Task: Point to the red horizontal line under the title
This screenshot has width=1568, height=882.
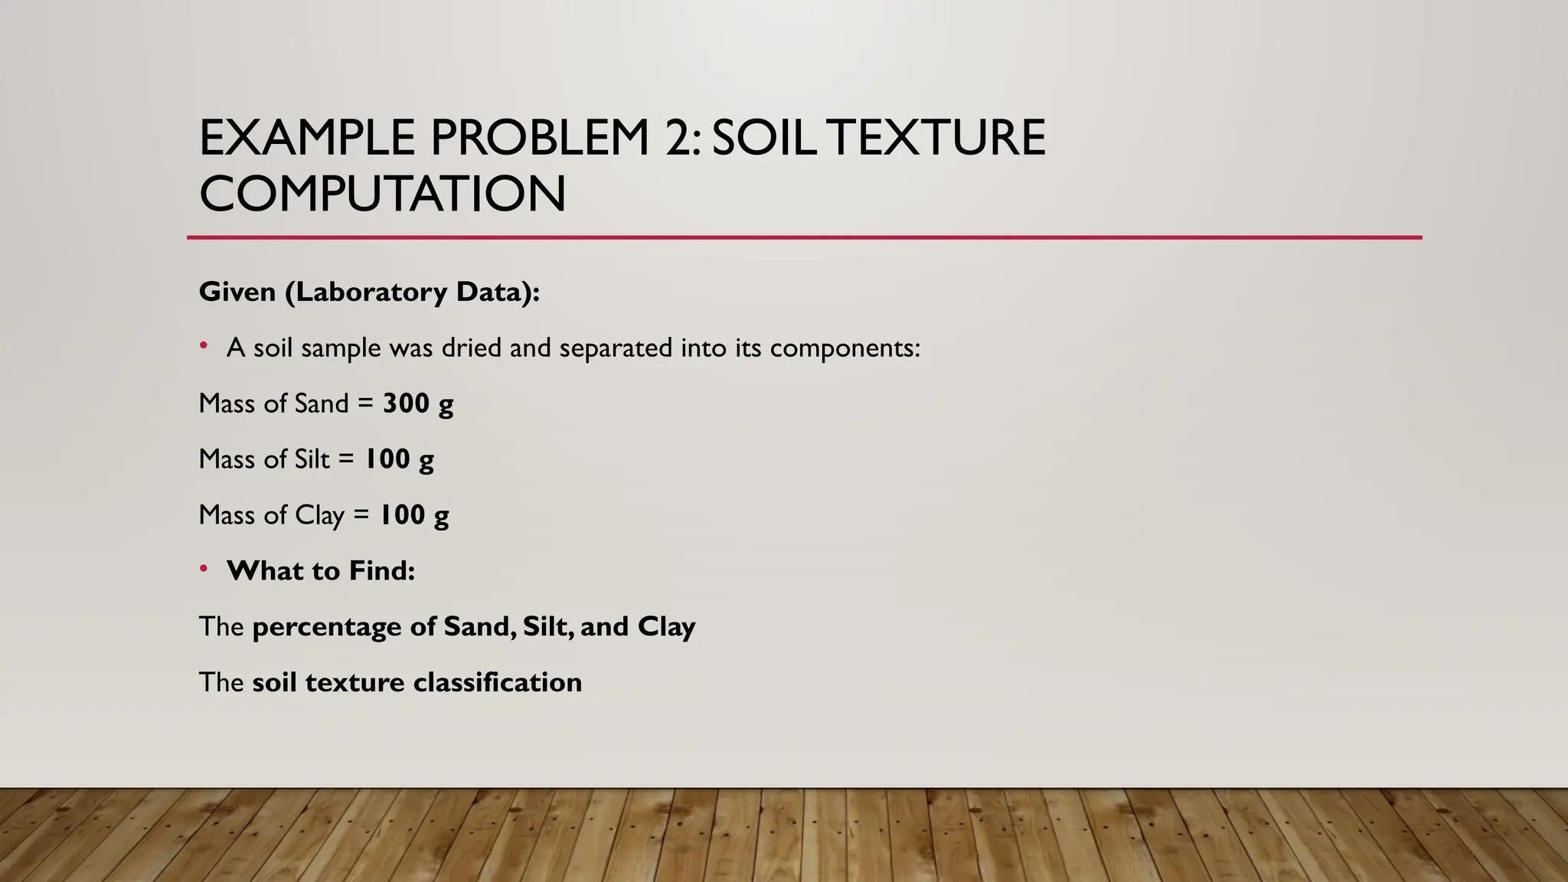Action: (x=804, y=237)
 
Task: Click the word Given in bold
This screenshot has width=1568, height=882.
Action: (x=237, y=292)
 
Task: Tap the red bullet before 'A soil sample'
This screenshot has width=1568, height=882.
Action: (x=204, y=346)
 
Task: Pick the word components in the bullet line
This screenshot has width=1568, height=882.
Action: (x=844, y=348)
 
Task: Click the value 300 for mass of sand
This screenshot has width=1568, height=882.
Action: (x=406, y=403)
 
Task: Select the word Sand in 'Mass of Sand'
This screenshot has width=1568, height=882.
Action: (x=322, y=403)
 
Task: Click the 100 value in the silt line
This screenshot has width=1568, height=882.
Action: (x=387, y=459)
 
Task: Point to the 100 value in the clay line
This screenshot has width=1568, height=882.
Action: (x=402, y=515)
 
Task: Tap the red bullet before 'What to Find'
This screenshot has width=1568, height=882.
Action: (x=204, y=569)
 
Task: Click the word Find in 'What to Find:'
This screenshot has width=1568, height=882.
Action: (x=382, y=571)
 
